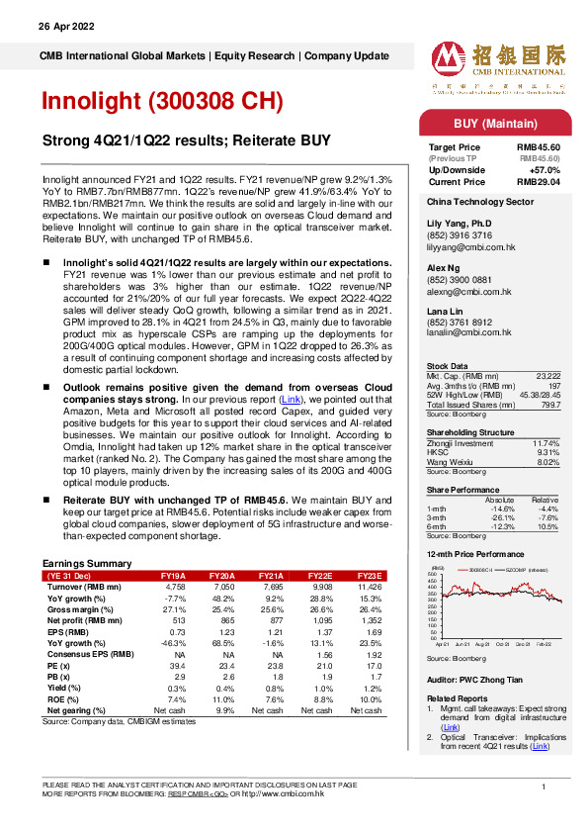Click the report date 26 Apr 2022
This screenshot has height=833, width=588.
(64, 26)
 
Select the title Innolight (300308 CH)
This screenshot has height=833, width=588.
(162, 102)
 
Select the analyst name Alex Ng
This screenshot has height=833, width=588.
(442, 266)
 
